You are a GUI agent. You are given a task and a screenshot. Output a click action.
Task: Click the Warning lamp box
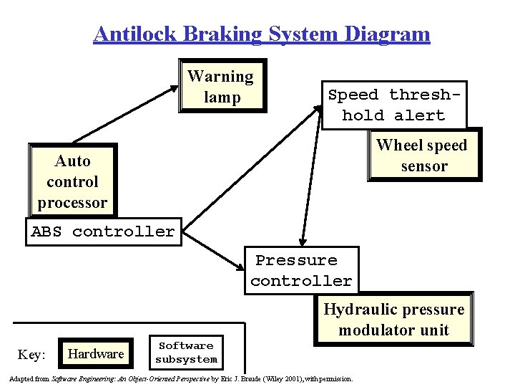[x=220, y=86]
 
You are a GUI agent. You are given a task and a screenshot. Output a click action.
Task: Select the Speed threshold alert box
[x=394, y=105]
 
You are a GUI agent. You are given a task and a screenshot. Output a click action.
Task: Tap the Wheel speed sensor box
[x=422, y=156]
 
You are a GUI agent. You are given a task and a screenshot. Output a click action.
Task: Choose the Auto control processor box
[x=72, y=181]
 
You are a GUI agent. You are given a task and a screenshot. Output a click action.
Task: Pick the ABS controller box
[x=103, y=232]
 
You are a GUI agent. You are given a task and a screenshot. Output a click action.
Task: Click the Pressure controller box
[x=301, y=270]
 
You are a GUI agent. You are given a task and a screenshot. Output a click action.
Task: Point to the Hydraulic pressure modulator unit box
[x=393, y=320]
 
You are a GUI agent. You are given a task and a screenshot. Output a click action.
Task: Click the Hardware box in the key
[x=95, y=353]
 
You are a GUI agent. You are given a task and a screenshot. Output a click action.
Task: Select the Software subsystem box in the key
[x=186, y=353]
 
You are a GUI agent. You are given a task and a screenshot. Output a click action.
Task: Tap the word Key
[x=31, y=355]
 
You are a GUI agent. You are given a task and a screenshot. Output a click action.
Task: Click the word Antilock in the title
[x=135, y=34]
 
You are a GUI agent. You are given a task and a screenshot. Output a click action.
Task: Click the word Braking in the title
[x=222, y=34]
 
